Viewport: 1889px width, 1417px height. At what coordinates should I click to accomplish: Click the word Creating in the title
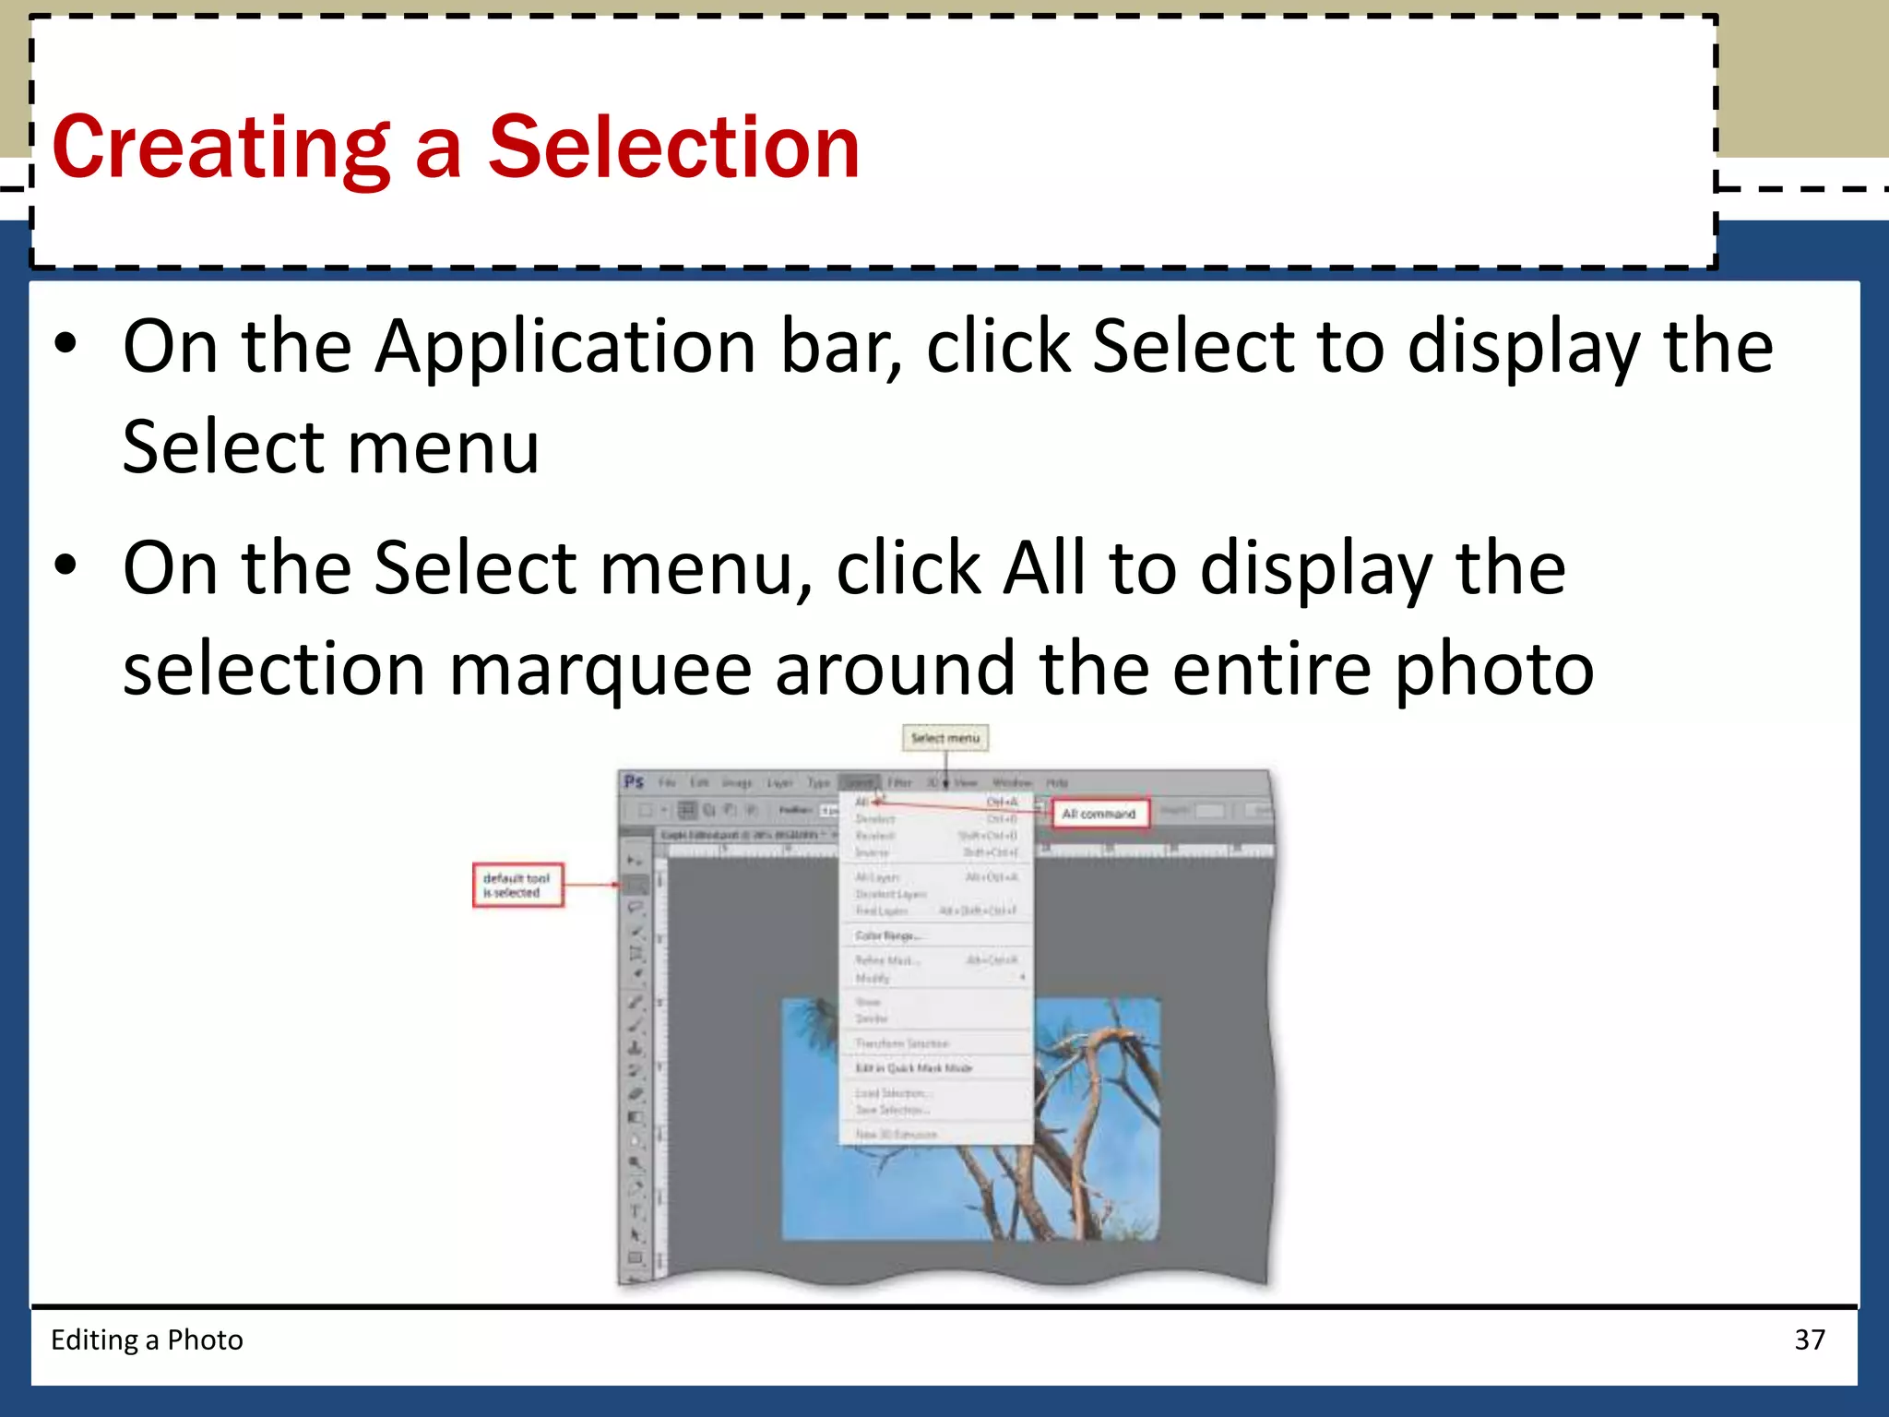point(221,148)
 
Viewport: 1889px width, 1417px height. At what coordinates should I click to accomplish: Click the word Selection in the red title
point(673,148)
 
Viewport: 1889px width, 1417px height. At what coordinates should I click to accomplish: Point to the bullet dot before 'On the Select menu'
point(65,565)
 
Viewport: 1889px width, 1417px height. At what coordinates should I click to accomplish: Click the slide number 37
point(1809,1340)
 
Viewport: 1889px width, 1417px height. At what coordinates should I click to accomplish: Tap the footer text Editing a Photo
point(147,1340)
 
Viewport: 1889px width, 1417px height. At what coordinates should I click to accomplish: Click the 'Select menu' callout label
point(944,738)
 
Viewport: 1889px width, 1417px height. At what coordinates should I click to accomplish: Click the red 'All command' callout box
point(1099,814)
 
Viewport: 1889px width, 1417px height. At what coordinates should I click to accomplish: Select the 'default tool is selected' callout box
point(517,886)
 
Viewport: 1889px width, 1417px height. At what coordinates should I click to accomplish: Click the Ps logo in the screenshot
point(634,782)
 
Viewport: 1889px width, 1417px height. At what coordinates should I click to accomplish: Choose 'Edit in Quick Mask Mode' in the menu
point(913,1068)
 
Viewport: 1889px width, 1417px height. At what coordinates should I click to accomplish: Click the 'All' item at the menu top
point(862,802)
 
